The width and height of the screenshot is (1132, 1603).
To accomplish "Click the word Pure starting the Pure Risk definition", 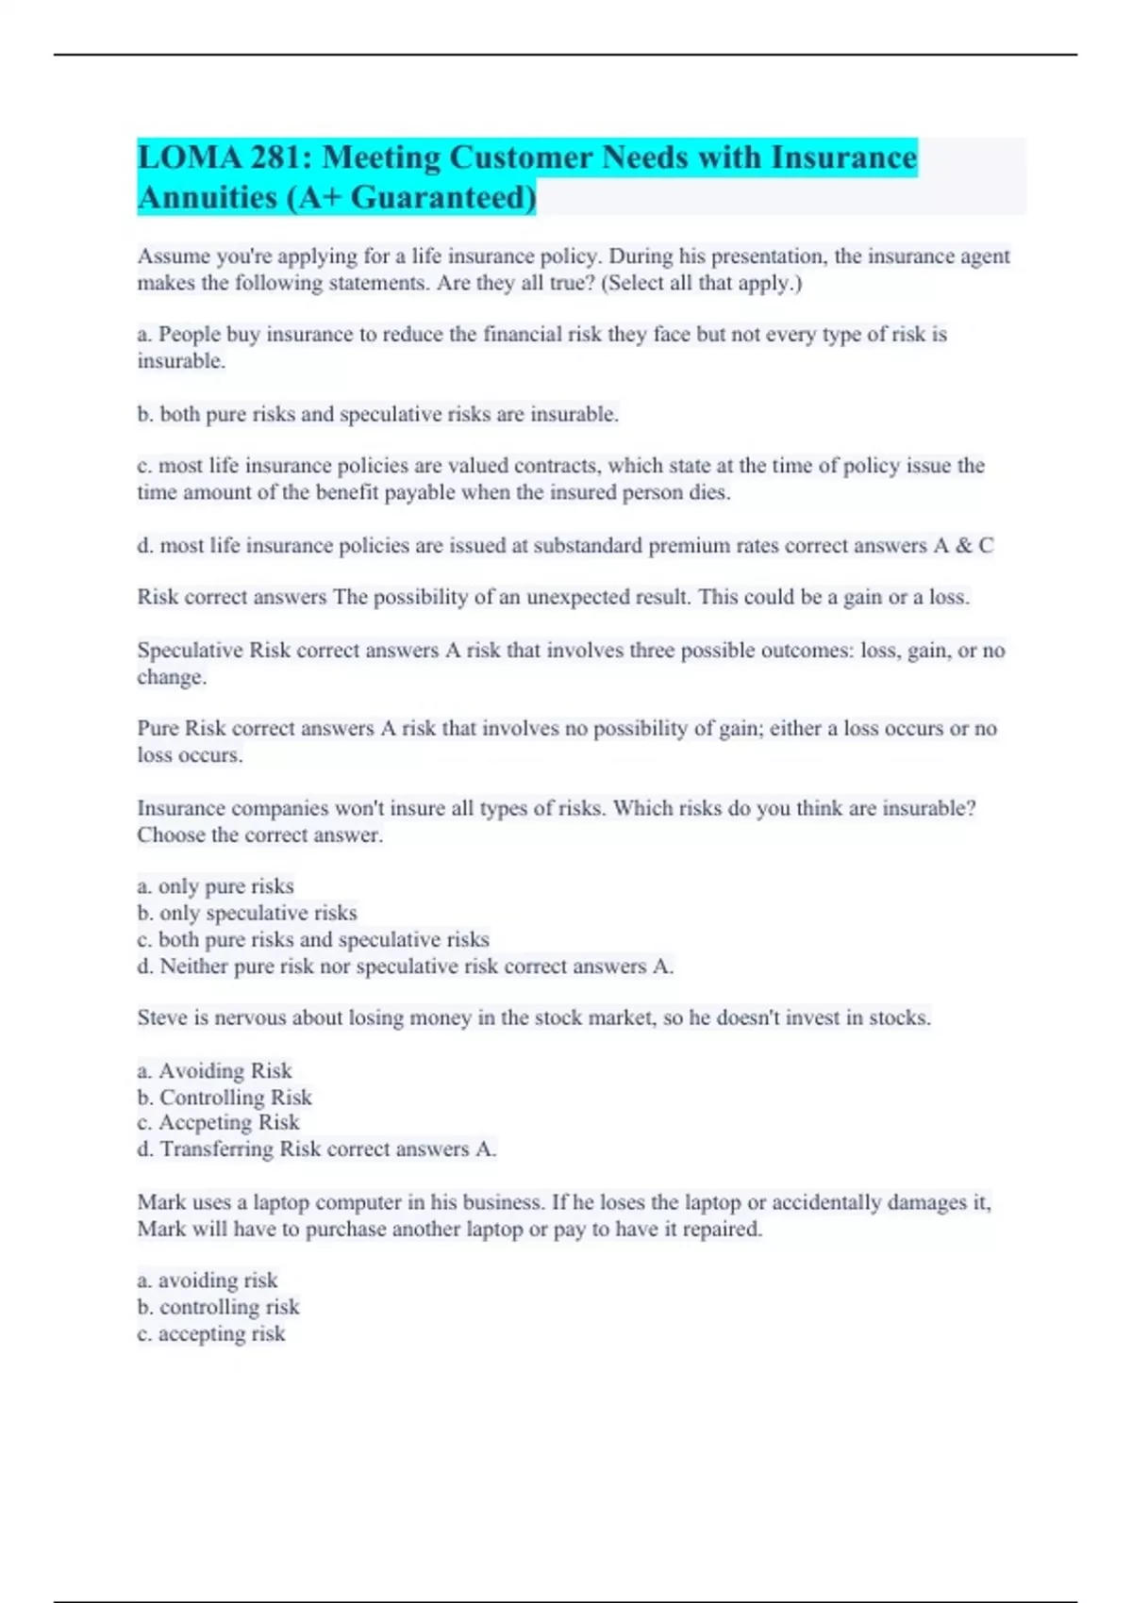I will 158,729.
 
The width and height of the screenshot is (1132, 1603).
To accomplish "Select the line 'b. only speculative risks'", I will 247,913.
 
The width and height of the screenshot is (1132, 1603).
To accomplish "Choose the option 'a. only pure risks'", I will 215,886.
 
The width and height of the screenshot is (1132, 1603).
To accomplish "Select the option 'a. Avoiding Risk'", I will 214,1071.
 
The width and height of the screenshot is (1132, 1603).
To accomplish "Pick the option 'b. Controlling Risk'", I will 225,1098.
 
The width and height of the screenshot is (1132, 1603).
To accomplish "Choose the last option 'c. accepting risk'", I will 211,1334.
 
